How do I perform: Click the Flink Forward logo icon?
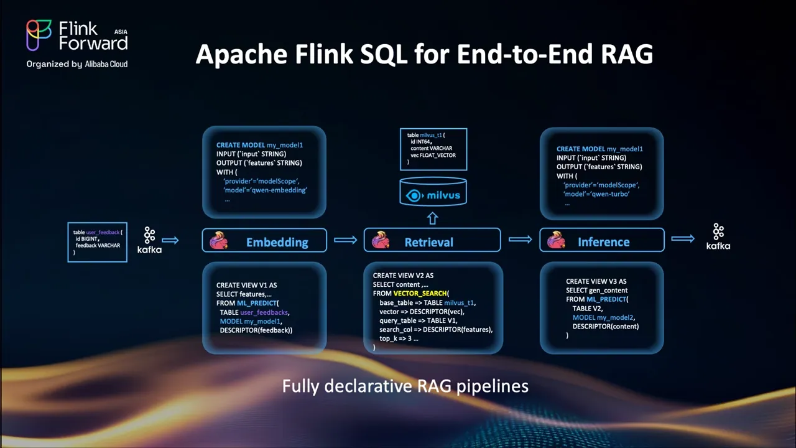click(39, 35)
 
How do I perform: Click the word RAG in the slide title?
click(626, 54)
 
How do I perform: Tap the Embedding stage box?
click(264, 241)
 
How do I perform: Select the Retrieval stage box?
click(432, 240)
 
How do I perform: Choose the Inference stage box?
click(602, 240)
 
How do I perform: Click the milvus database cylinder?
click(433, 191)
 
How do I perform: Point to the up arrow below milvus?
click(432, 218)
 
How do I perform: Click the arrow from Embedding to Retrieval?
click(345, 240)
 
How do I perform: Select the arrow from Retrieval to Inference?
click(521, 240)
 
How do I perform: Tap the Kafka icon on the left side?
click(150, 240)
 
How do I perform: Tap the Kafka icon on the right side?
click(718, 236)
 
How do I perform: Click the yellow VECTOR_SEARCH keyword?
click(420, 293)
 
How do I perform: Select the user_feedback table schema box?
click(98, 242)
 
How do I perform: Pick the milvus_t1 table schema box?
click(433, 149)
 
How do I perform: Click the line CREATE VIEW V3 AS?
click(596, 281)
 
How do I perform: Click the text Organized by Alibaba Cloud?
click(76, 64)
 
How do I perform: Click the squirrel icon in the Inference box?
click(556, 240)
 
